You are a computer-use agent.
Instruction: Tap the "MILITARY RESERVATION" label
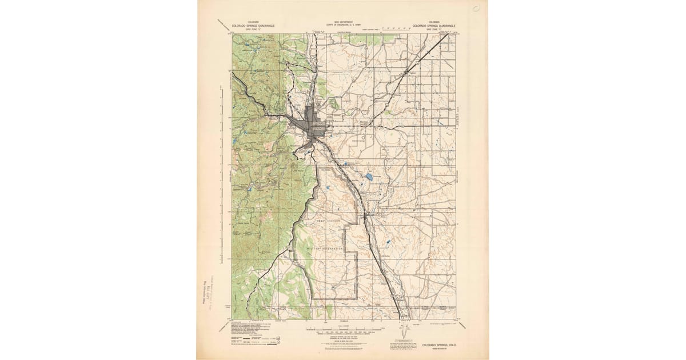pyautogui.click(x=325, y=249)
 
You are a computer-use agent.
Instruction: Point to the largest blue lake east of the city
pyautogui.click(x=369, y=177)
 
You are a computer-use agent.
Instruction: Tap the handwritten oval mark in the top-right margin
pyautogui.click(x=476, y=8)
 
